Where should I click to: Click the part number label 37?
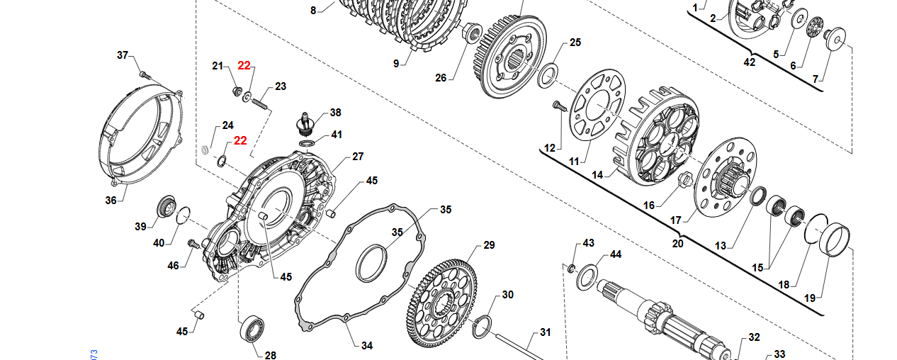(123, 55)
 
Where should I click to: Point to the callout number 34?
(366, 346)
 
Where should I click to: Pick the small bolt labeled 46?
(192, 244)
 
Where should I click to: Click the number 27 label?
(358, 157)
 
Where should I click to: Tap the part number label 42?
(749, 62)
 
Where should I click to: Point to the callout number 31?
(545, 332)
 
